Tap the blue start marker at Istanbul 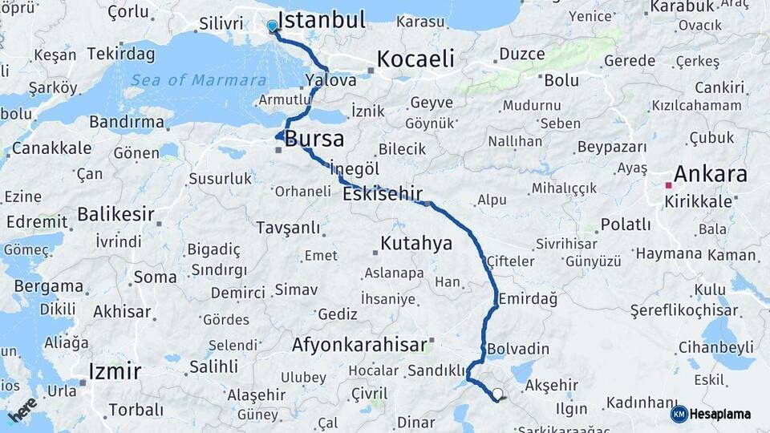272,26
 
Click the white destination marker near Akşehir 498,394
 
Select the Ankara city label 710,174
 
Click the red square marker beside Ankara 668,185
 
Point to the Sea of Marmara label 198,80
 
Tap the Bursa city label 314,139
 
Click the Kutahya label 416,243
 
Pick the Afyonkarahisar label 359,345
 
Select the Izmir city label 114,371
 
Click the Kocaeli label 415,59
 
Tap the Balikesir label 115,214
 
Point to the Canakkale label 51,148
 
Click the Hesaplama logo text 720,414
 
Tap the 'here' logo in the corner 22,409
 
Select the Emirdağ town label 527,298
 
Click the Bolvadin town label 517,349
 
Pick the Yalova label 330,80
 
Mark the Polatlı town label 625,225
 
